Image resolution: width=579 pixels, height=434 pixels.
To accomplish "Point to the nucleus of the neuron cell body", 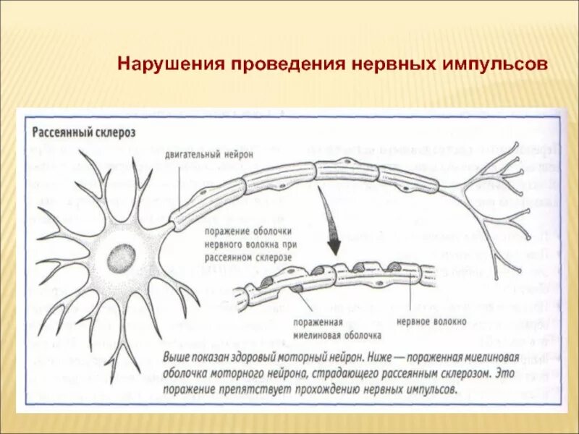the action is [117, 256].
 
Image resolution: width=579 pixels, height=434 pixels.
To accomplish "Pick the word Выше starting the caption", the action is [177, 359].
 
